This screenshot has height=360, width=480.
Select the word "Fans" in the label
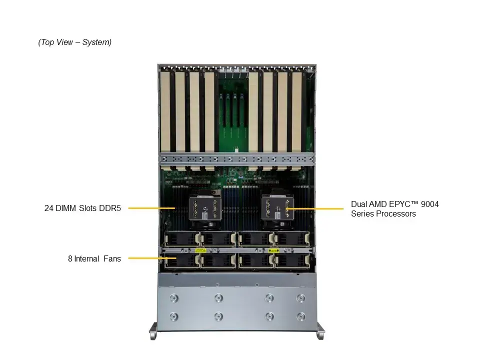[x=112, y=258]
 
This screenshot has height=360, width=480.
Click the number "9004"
[x=429, y=204]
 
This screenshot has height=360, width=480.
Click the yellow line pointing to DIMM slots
[x=151, y=208]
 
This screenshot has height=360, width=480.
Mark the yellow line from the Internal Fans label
[x=146, y=258]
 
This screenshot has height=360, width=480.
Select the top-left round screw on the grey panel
[x=174, y=298]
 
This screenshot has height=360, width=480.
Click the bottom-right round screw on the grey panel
[x=300, y=316]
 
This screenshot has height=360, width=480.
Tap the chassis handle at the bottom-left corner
[x=154, y=332]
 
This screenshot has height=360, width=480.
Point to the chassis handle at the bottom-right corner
[x=320, y=332]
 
